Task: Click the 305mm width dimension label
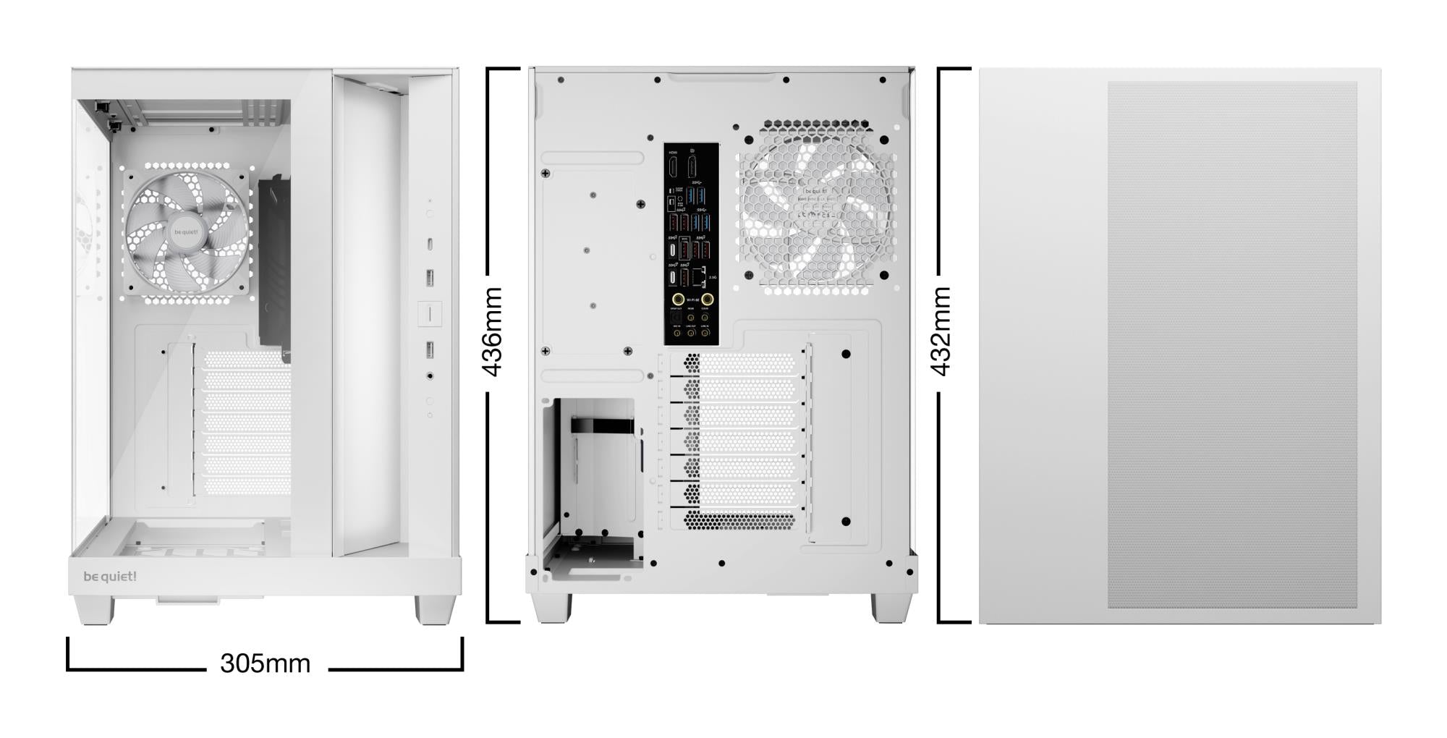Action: pos(265,663)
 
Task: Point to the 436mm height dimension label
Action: pos(493,331)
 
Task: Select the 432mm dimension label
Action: pos(941,331)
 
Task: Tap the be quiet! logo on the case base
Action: pos(110,577)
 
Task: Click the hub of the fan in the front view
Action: pos(186,232)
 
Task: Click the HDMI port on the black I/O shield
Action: pos(673,167)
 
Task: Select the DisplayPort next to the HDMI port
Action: pos(692,167)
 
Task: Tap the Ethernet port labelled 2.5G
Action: pos(700,276)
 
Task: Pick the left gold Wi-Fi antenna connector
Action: pos(678,299)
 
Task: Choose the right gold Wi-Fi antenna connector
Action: pos(708,299)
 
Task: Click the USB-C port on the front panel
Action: pos(430,244)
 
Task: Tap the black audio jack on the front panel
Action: pos(430,376)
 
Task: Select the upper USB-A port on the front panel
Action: pos(430,277)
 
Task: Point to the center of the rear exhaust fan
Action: pos(815,209)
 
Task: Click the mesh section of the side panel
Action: pos(1231,344)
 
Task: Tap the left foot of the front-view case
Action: pos(95,610)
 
